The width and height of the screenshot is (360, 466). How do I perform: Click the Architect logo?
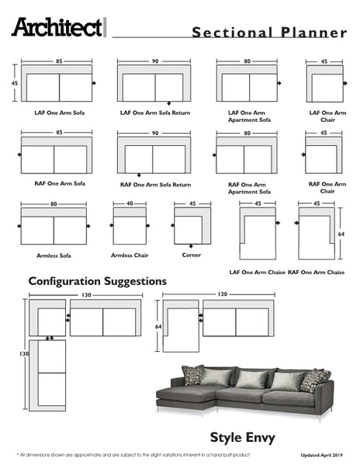pos(57,28)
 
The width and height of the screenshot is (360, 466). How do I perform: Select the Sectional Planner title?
pos(269,32)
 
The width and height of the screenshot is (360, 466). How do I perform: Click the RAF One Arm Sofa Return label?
pos(155,185)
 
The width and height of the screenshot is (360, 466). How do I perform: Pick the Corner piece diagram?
pos(190,228)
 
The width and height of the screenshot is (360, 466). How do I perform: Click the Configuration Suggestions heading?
pos(97,280)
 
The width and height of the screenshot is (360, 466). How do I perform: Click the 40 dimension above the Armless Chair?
pos(130,204)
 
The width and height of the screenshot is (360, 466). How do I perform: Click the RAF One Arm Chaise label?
pos(316,273)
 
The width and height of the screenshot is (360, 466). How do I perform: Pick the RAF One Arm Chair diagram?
pos(321,155)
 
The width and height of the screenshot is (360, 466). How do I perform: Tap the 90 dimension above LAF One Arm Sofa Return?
pos(155,61)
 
